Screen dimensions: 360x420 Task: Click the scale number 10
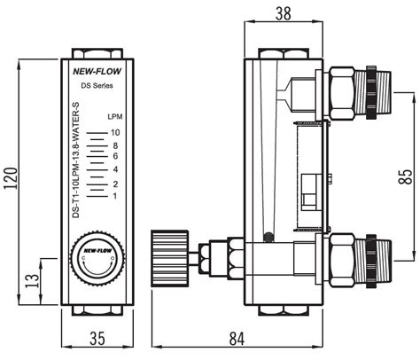tap(114, 132)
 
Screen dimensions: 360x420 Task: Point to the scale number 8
tap(115, 145)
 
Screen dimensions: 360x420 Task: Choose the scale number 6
tap(115, 156)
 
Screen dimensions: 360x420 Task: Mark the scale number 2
tap(115, 184)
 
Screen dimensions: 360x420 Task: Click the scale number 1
tap(115, 195)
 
